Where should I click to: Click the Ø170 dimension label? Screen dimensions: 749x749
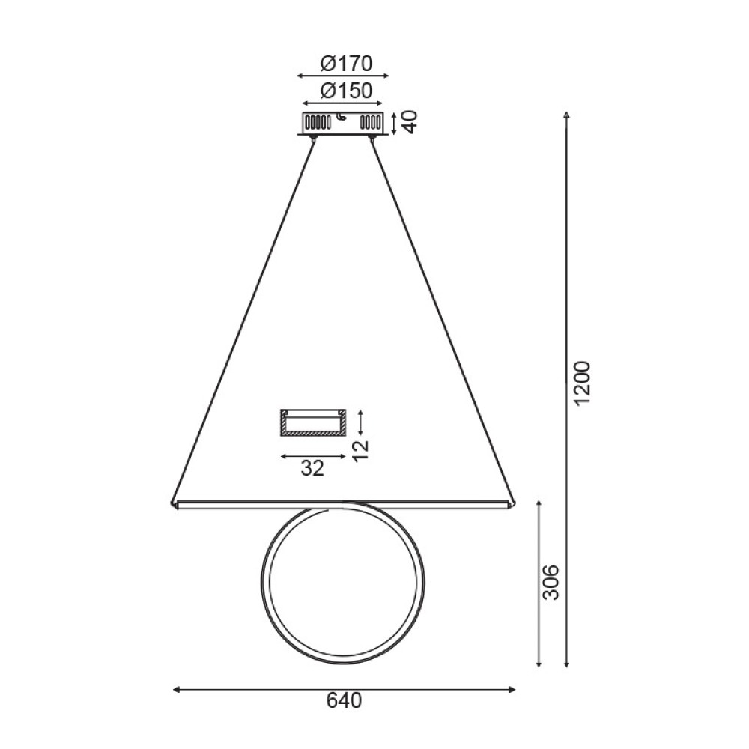click(345, 63)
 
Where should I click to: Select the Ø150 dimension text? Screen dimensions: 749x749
click(345, 91)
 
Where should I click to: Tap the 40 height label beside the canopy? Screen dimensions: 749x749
click(408, 121)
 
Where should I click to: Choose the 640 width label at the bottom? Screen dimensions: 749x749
click(345, 700)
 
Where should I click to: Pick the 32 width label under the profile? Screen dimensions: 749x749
click(312, 468)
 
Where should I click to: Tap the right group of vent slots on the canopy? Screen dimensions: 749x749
click(371, 121)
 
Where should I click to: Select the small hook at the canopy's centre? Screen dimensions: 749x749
click(341, 117)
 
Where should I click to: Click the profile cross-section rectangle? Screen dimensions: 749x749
click(312, 422)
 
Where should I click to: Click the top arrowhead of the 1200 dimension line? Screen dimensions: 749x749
click(567, 115)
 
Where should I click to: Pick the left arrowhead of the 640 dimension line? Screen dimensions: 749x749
click(176, 688)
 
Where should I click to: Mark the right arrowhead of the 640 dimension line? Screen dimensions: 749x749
click(512, 688)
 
